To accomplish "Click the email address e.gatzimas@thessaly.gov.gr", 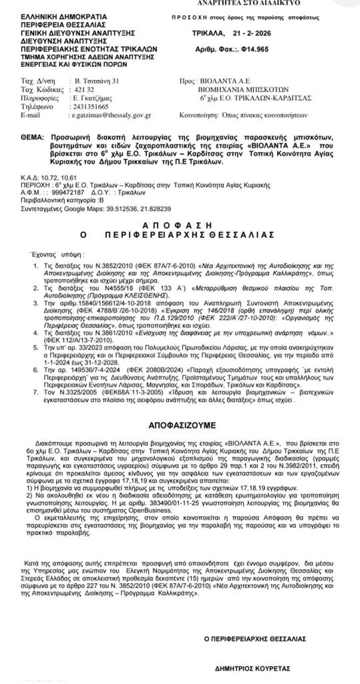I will [x=116, y=115].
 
